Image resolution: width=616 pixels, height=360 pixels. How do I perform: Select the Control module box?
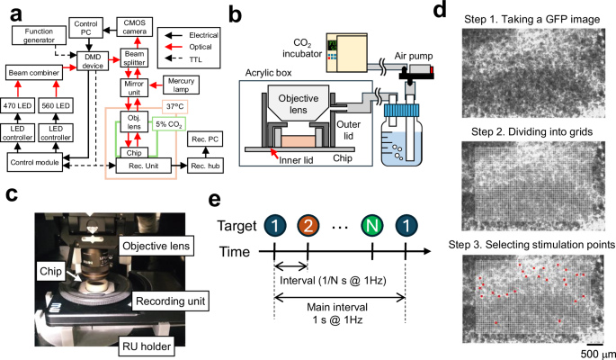(x=40, y=162)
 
